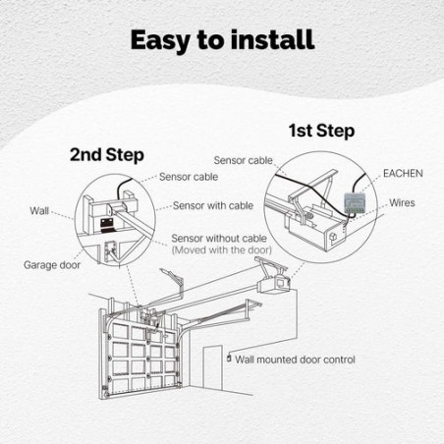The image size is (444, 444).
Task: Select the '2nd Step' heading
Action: pyautogui.click(x=106, y=155)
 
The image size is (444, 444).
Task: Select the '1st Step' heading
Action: pyautogui.click(x=320, y=130)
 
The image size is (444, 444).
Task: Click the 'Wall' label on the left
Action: pyautogui.click(x=40, y=210)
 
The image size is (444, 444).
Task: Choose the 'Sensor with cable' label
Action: pyautogui.click(x=212, y=206)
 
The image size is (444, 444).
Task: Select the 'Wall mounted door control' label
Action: pyautogui.click(x=296, y=361)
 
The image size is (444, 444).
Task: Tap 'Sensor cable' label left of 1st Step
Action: pyautogui.click(x=243, y=159)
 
